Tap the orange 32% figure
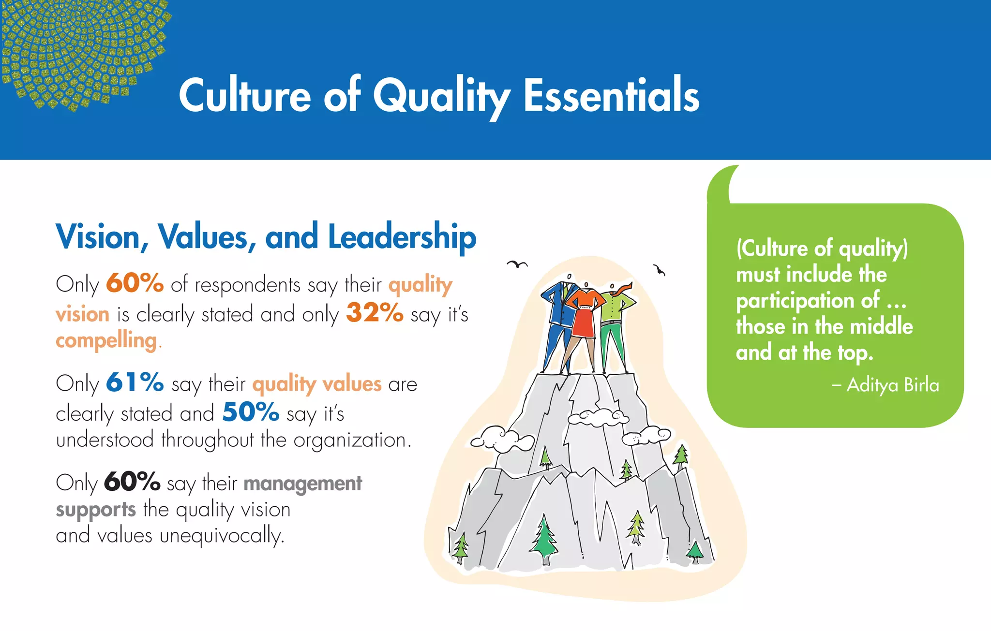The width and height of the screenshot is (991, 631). (x=375, y=313)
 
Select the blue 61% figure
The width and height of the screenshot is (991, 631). (x=135, y=382)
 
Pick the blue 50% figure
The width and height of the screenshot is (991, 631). (x=251, y=412)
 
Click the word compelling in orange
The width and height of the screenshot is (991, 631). (x=106, y=341)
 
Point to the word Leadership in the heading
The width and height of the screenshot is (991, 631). (x=402, y=237)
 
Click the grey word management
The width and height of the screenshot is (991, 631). (x=303, y=484)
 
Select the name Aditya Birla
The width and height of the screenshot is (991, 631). (x=893, y=385)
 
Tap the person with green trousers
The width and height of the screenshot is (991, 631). (x=614, y=329)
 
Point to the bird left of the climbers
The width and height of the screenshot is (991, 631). (x=517, y=264)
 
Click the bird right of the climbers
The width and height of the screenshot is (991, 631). (x=659, y=270)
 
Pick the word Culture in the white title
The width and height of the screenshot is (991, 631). (x=245, y=96)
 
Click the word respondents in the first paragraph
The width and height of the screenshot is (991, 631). (x=247, y=285)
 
